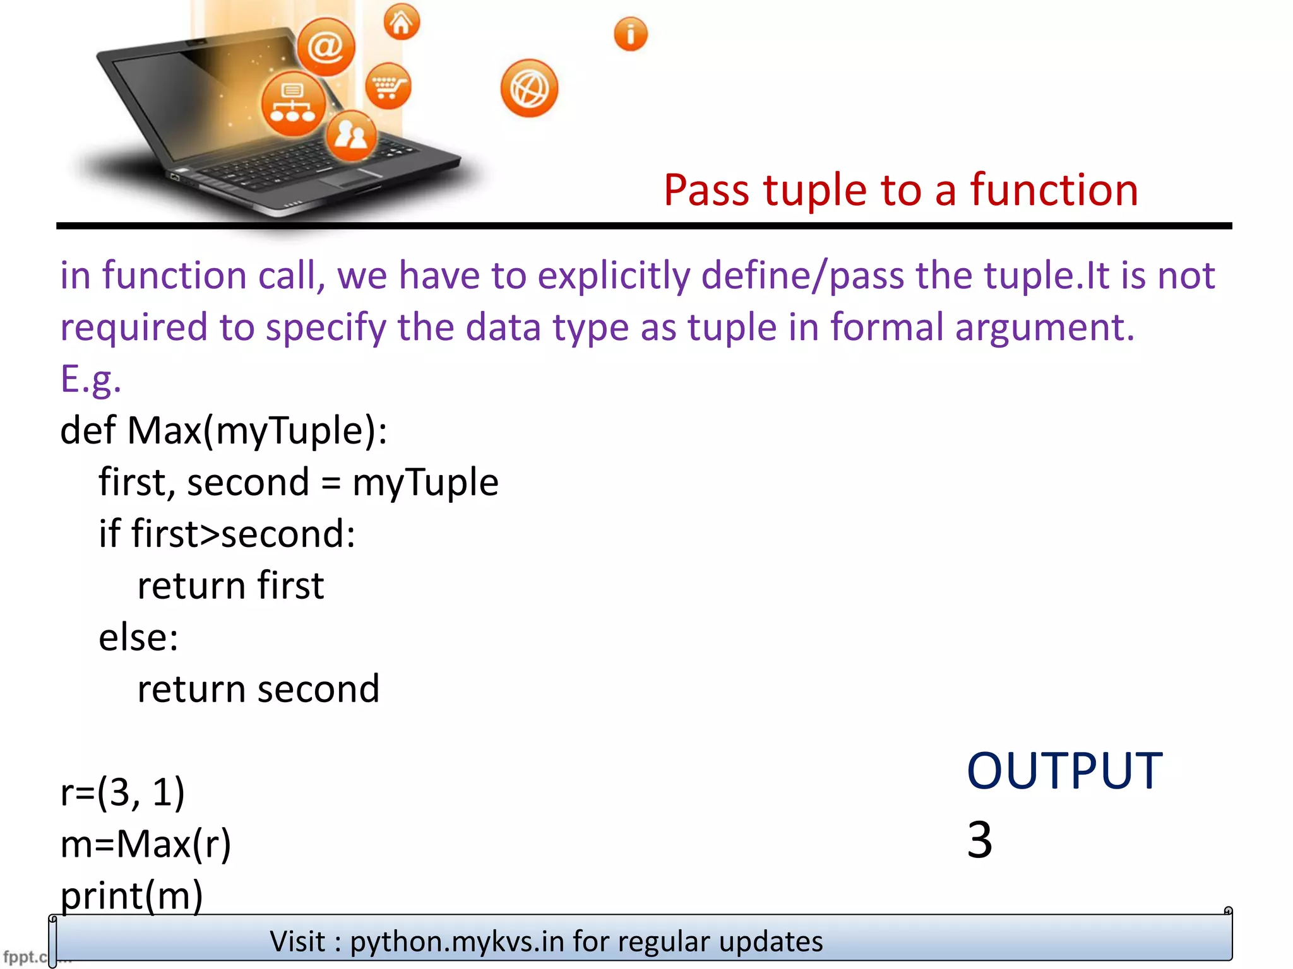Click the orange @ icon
point(326,47)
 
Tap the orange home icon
point(402,23)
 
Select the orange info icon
point(630,34)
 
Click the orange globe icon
point(529,88)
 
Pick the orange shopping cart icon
point(388,86)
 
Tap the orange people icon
point(351,135)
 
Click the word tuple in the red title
point(815,191)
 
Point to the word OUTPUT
point(1064,771)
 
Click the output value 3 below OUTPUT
point(979,840)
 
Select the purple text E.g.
point(91,379)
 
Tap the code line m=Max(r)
point(146,843)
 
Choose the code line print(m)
point(132,895)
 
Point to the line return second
point(258,689)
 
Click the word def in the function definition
point(88,431)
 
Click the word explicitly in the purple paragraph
point(614,276)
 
